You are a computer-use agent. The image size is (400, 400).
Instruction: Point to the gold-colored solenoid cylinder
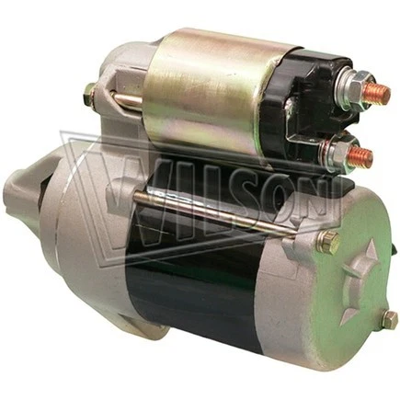207,92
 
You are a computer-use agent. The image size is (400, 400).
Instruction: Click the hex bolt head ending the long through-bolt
327,243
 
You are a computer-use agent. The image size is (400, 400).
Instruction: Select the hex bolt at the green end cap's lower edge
390,319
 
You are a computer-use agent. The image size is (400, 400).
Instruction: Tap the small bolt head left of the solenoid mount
90,93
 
